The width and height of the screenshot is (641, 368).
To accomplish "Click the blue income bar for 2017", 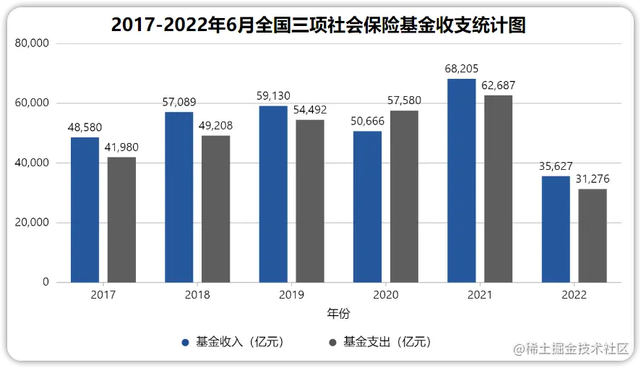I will (x=85, y=210).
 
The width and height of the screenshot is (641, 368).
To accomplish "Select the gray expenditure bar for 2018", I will (x=216, y=209).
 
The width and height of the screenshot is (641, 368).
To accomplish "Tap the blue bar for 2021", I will (x=462, y=181).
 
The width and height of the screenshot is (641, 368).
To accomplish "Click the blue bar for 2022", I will (x=556, y=229).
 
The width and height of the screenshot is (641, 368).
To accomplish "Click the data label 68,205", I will (x=462, y=69).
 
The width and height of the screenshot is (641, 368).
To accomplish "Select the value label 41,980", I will (x=121, y=147).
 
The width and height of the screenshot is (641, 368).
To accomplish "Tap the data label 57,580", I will (x=404, y=100).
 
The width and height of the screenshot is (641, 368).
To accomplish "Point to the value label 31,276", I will (x=593, y=179).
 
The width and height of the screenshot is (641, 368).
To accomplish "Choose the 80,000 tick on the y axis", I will (x=32, y=43).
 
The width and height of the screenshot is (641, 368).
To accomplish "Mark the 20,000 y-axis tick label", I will (x=32, y=223).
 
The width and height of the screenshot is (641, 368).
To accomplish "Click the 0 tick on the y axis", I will (x=46, y=282).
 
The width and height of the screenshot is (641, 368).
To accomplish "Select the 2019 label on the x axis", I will (x=292, y=295).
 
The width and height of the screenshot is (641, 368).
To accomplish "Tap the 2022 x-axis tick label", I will (x=574, y=295).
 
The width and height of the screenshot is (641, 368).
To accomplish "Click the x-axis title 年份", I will (x=338, y=314).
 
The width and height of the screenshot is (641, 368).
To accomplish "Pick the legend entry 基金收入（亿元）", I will (x=238, y=342).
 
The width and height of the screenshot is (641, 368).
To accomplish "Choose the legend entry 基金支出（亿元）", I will (x=387, y=342).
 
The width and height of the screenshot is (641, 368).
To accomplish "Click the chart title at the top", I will (x=318, y=25).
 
